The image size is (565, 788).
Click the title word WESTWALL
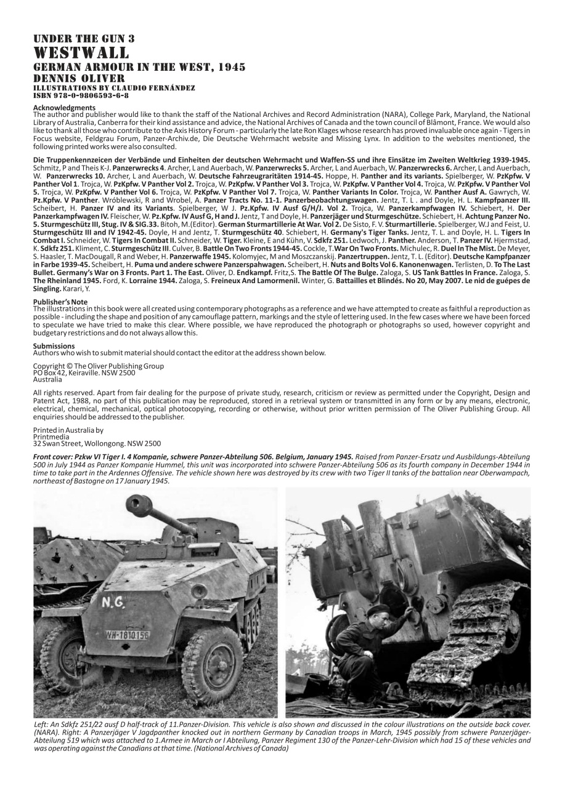click(81, 52)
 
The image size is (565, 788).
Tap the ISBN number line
click(81, 95)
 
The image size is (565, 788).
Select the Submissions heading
click(54, 346)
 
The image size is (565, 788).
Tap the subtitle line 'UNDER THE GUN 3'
click(84, 39)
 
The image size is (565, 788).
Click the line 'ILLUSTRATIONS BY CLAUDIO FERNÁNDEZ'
click(114, 88)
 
